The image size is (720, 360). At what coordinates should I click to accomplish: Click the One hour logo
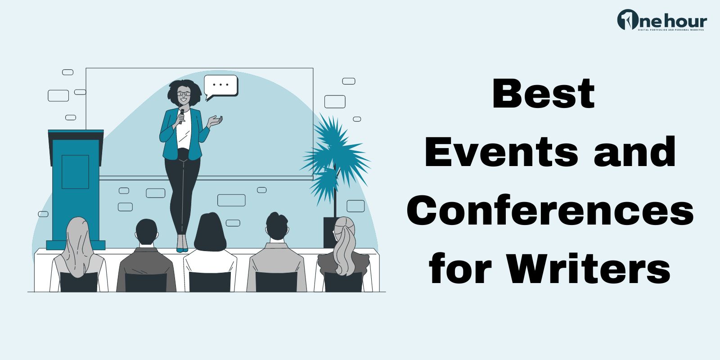point(661,21)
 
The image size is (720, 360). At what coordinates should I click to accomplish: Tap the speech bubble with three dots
point(220,85)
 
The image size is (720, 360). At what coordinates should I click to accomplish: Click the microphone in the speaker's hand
point(181,116)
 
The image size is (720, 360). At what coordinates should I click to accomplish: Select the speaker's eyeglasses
point(184,94)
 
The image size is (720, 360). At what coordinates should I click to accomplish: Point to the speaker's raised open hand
point(216,121)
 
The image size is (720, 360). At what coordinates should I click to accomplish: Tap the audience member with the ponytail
point(344,252)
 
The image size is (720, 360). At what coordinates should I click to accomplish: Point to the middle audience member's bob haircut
point(209,232)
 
